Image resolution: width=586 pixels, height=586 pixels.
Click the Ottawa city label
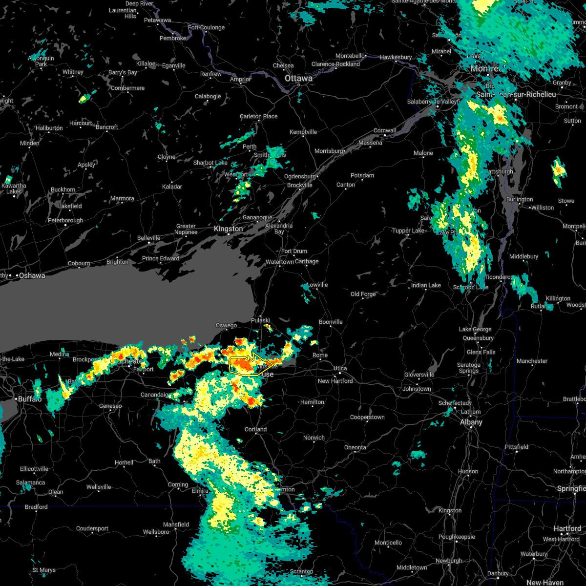[x=299, y=78]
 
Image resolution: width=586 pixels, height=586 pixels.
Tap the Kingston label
[x=228, y=229]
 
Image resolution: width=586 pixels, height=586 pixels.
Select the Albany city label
[x=471, y=422]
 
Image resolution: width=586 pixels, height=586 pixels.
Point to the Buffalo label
[x=30, y=399]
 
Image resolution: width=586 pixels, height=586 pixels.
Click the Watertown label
[x=280, y=262]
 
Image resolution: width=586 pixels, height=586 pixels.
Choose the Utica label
[x=340, y=368]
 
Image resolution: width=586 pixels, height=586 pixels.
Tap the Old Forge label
[x=363, y=294]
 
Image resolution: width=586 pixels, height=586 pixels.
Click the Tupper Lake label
[x=408, y=230]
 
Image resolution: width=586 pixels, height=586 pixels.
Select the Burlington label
[x=520, y=199]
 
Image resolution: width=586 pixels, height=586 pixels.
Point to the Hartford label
[x=567, y=528]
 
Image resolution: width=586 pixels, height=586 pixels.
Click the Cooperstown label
[x=367, y=418]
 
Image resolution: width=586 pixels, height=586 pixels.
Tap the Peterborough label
[x=65, y=220]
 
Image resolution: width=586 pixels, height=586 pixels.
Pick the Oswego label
[x=226, y=326]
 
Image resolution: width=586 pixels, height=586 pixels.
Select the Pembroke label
[x=173, y=38]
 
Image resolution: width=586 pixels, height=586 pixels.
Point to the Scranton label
[x=301, y=571]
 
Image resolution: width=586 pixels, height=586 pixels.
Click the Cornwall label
[x=384, y=130]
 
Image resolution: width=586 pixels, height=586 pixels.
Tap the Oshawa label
[x=32, y=276]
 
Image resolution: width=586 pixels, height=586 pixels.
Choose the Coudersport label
[x=92, y=528]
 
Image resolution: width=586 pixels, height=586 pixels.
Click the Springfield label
[x=571, y=488]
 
